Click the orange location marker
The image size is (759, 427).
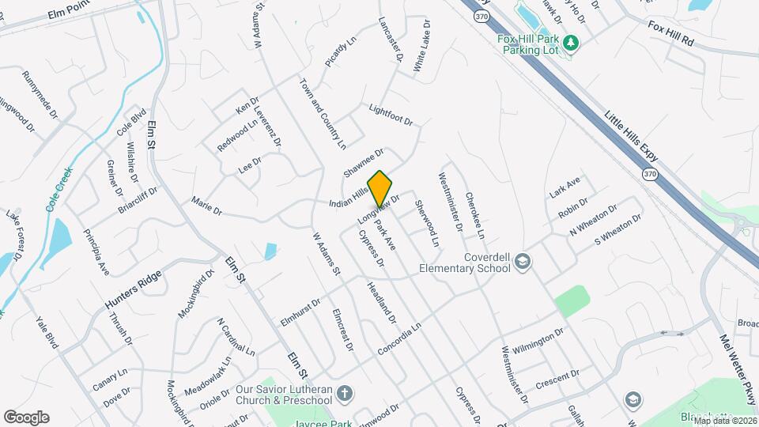pyautogui.click(x=380, y=188)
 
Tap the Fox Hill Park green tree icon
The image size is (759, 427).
pyautogui.click(x=576, y=41)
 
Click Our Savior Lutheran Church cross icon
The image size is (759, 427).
pyautogui.click(x=343, y=393)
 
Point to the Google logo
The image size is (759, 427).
pyautogui.click(x=26, y=418)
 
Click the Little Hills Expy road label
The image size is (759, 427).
pyautogui.click(x=631, y=137)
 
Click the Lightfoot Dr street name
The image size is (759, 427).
pyautogui.click(x=391, y=116)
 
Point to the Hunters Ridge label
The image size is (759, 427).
pyautogui.click(x=133, y=290)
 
